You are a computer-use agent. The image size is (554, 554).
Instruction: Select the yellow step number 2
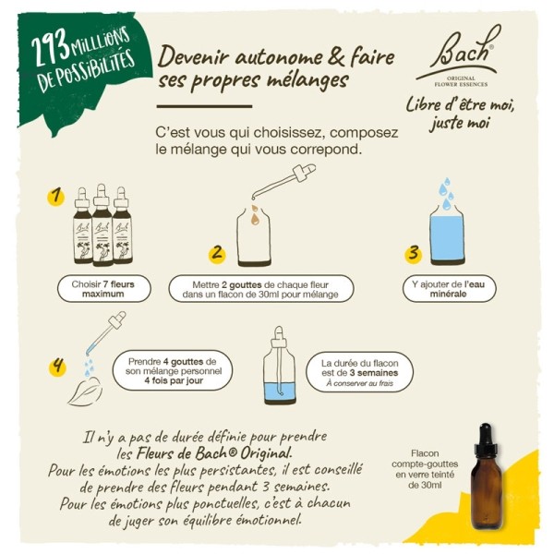click(x=218, y=252)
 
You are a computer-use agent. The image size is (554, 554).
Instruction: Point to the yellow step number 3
click(x=415, y=251)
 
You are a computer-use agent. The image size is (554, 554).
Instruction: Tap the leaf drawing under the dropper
click(x=85, y=392)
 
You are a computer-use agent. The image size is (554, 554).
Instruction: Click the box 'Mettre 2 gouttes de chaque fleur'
click(x=260, y=289)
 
